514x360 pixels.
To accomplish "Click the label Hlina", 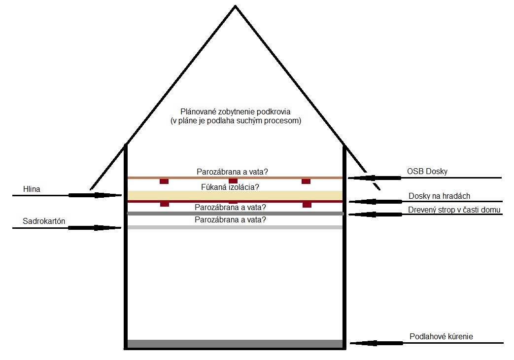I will pyautogui.click(x=31, y=189).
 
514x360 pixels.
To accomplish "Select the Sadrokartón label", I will pyautogui.click(x=44, y=221).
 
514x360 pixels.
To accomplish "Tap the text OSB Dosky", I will pyautogui.click(x=427, y=172).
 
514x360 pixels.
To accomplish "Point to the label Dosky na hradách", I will pyautogui.click(x=439, y=196).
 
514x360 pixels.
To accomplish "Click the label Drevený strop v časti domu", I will pyautogui.click(x=454, y=210).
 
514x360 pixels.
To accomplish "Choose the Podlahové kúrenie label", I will pyautogui.click(x=441, y=337).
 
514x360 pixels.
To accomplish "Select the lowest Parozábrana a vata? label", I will pyautogui.click(x=230, y=219).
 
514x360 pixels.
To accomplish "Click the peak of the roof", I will pyautogui.click(x=235, y=6).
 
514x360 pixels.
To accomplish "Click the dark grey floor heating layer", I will pyautogui.click(x=235, y=344).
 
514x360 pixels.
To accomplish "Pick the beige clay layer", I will pyautogui.click(x=235, y=195).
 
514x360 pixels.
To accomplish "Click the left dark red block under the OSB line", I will pyautogui.click(x=164, y=181).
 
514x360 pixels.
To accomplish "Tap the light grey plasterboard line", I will pyautogui.click(x=235, y=227).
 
